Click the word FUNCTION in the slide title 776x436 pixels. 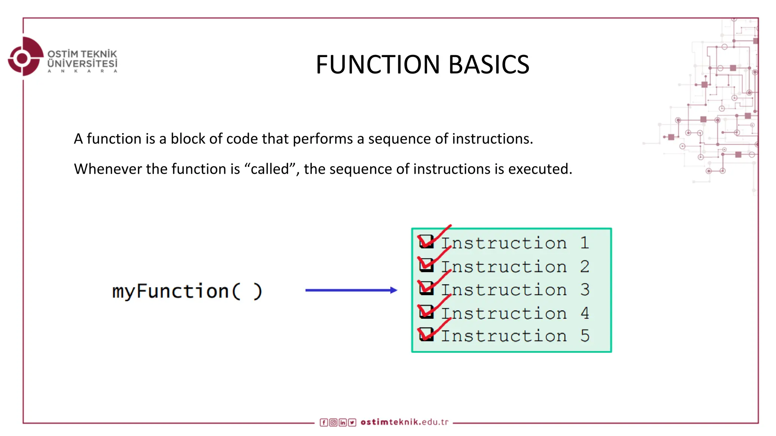pos(377,64)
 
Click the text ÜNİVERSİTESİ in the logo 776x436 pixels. pos(82,63)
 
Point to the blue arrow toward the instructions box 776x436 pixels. pos(351,290)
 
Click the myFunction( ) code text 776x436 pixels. pos(187,291)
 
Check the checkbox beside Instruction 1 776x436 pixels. pos(426,241)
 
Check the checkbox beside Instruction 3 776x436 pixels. pos(426,288)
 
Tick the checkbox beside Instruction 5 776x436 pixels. pos(426,334)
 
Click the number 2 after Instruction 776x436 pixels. pos(585,266)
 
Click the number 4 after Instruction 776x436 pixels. pos(585,313)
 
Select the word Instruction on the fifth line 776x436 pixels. pos(504,336)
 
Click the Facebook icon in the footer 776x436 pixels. pos(324,422)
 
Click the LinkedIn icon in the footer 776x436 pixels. pos(343,422)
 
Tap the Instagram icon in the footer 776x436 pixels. pos(333,422)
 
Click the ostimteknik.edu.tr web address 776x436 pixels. pos(404,422)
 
